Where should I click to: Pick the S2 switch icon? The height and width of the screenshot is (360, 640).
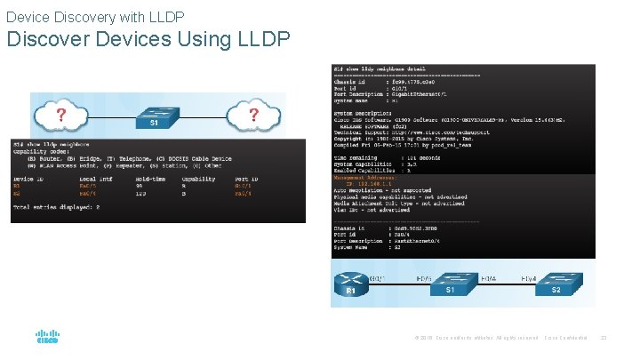553,285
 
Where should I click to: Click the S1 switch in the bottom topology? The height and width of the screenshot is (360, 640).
452,285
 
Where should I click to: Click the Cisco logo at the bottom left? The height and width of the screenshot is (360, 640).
47,338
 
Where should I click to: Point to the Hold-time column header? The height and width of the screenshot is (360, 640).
149,178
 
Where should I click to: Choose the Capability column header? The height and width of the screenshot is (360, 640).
198,178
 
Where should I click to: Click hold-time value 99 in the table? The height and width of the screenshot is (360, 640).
139,185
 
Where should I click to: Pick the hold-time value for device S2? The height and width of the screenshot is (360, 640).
140,192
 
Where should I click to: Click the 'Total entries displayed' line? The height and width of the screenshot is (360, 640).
56,206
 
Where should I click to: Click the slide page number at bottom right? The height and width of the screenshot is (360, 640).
604,338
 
